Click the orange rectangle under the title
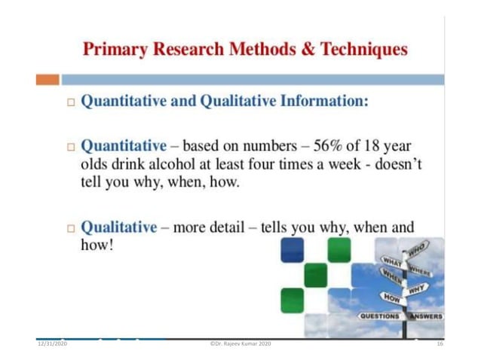coord(47,79)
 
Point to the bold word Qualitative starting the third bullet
coord(119,227)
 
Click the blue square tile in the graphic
coord(292,249)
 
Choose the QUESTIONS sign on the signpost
coord(379,316)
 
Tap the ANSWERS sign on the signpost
coord(427,316)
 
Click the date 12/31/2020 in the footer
coord(53,343)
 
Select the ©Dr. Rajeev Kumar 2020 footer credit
coord(240,343)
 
